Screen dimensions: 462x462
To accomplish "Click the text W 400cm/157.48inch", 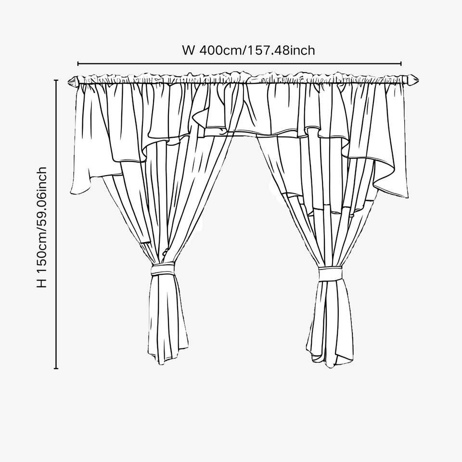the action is [x=249, y=50].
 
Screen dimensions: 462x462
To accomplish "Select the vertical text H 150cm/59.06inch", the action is [x=43, y=227].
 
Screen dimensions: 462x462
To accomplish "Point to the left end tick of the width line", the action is [x=78, y=63].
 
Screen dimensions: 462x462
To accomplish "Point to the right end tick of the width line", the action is [x=401, y=63].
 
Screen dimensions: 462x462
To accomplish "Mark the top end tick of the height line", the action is [x=56, y=80].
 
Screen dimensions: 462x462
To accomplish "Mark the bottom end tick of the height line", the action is [x=56, y=369].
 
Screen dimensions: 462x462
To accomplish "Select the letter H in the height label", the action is [x=43, y=282].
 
